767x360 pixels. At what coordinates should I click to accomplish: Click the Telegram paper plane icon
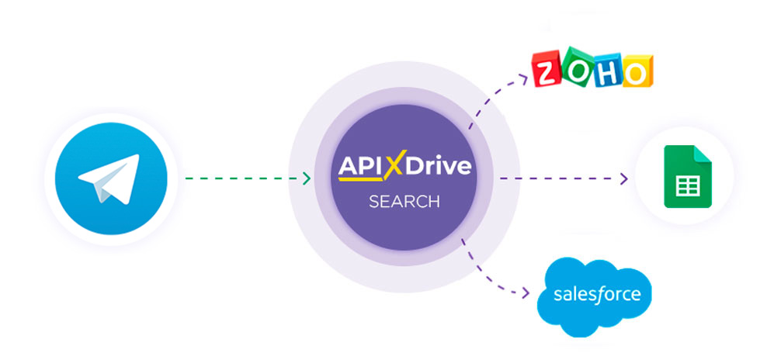click(x=106, y=179)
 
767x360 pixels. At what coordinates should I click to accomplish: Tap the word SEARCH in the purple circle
click(x=404, y=202)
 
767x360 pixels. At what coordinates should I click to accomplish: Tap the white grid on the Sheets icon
click(x=684, y=186)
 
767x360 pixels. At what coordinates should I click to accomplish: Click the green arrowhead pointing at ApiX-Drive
click(x=307, y=179)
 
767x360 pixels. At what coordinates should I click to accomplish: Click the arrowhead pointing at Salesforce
click(x=531, y=294)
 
